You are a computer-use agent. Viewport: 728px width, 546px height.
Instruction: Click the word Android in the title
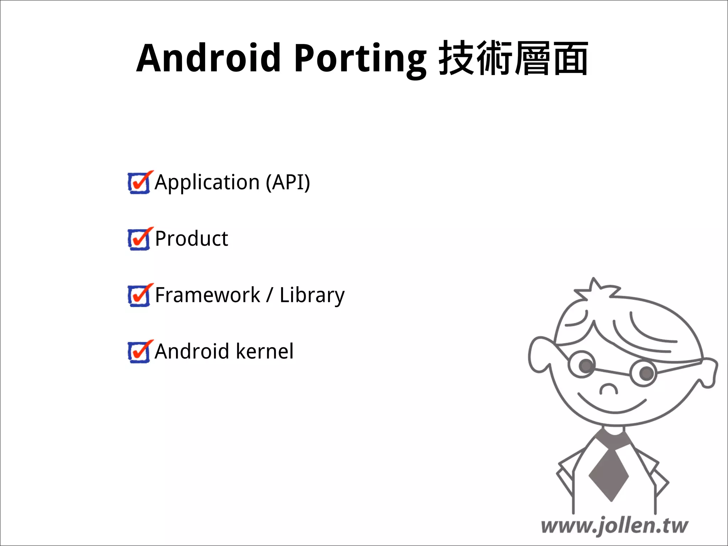pyautogui.click(x=209, y=58)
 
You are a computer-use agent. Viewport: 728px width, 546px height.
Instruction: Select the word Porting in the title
pyautogui.click(x=360, y=59)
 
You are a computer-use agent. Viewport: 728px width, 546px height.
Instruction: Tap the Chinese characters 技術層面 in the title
pyautogui.click(x=513, y=58)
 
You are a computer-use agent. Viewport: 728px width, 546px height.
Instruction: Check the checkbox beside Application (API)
pyautogui.click(x=139, y=183)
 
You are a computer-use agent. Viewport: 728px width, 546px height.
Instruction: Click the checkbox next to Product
pyautogui.click(x=139, y=239)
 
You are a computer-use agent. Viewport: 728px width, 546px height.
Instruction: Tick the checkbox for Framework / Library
pyautogui.click(x=139, y=295)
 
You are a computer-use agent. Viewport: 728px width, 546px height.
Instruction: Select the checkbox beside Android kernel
pyautogui.click(x=139, y=352)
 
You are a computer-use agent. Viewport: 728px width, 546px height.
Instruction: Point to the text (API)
pyautogui.click(x=288, y=183)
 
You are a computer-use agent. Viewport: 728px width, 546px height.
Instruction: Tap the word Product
pyautogui.click(x=192, y=239)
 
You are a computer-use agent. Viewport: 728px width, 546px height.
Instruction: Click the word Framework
pyautogui.click(x=208, y=295)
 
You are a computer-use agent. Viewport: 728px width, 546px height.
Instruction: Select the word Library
pyautogui.click(x=312, y=296)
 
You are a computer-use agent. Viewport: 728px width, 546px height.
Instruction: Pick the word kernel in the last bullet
pyautogui.click(x=265, y=352)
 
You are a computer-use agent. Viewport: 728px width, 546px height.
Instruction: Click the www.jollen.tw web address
pyautogui.click(x=614, y=526)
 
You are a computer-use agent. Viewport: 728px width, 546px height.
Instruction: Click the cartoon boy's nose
pyautogui.click(x=609, y=389)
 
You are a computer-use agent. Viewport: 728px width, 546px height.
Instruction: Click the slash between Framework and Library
pyautogui.click(x=270, y=295)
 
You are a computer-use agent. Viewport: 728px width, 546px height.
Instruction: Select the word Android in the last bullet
pyautogui.click(x=192, y=352)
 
